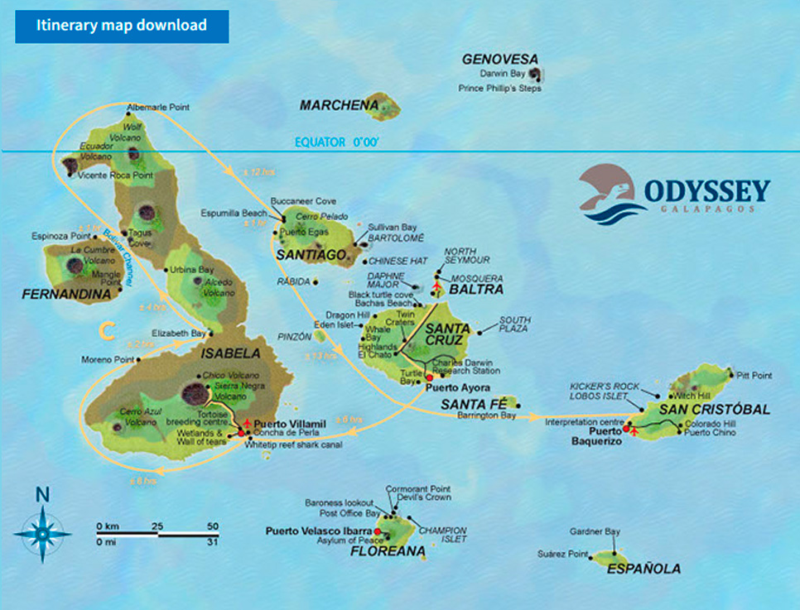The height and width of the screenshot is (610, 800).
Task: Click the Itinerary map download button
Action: click(121, 25)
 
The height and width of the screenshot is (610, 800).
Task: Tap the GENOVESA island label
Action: click(499, 60)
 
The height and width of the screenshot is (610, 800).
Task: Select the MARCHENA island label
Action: click(339, 105)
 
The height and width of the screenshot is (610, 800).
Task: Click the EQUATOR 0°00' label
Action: click(337, 142)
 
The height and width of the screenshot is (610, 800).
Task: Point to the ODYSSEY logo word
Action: click(706, 190)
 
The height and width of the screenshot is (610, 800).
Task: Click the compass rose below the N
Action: click(42, 532)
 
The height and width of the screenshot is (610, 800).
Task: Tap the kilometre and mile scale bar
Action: click(157, 534)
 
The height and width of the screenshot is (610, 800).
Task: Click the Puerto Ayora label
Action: click(456, 387)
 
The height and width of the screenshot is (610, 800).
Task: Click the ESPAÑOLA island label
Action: click(643, 569)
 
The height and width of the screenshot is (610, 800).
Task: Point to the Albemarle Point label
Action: click(158, 108)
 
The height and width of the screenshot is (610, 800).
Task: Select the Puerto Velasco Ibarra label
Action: click(318, 531)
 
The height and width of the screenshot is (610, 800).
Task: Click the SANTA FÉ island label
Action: click(469, 404)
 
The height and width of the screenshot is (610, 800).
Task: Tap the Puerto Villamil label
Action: click(291, 424)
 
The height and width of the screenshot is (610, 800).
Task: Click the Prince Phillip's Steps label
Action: click(499, 88)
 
